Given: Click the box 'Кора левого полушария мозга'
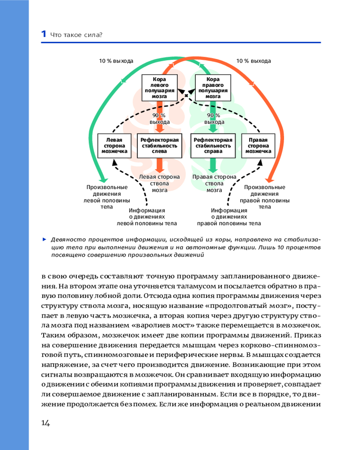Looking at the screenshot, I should (159, 87).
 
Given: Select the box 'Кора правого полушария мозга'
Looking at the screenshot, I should (213, 87).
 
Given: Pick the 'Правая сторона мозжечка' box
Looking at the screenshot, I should (258, 145).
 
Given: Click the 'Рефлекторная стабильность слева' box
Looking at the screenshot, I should (159, 145).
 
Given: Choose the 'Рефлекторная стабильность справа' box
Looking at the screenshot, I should (213, 145).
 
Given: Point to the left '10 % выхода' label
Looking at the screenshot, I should (116, 61).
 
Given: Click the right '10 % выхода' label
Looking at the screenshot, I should (254, 61).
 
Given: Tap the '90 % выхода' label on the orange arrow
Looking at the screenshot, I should (159, 119).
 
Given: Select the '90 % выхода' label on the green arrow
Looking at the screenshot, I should (214, 119).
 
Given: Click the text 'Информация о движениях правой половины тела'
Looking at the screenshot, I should (229, 216).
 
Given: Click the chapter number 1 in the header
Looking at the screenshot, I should (43, 34).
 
